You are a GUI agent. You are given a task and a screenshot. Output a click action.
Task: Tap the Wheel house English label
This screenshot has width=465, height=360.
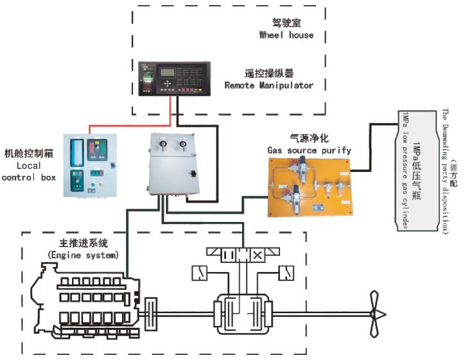click(x=286, y=35)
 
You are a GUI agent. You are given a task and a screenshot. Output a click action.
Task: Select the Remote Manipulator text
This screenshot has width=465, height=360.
click(x=269, y=85)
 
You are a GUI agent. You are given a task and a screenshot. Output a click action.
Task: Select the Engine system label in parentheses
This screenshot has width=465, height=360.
click(x=83, y=255)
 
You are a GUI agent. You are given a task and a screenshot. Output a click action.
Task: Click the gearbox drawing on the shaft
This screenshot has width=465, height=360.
click(x=240, y=313)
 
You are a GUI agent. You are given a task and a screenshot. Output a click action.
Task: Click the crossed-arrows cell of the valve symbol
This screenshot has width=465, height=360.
click(x=258, y=255)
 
